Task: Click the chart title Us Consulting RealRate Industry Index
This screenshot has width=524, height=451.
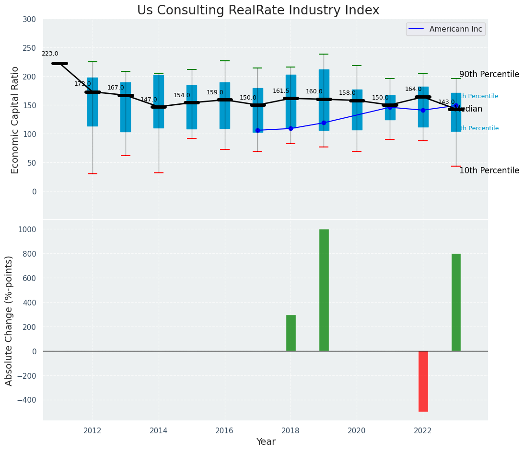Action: tap(258, 11)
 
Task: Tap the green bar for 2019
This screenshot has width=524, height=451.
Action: tap(324, 290)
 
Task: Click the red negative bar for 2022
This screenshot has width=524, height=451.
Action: tap(423, 381)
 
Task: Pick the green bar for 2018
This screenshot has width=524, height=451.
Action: tap(291, 333)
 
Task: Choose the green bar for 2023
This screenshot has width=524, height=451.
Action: tap(456, 302)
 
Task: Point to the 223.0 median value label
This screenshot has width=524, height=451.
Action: tap(50, 54)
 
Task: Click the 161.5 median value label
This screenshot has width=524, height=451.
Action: tap(281, 91)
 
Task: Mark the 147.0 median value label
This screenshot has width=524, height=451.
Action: tap(149, 100)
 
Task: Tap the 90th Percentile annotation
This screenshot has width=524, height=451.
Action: tap(489, 75)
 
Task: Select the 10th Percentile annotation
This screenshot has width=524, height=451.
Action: tap(489, 171)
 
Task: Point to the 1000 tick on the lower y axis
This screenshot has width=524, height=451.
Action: tap(27, 229)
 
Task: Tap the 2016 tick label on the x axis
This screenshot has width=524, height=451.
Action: tap(224, 431)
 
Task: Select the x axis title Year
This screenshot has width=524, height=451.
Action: tap(266, 442)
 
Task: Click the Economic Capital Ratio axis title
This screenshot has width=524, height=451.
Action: tap(15, 120)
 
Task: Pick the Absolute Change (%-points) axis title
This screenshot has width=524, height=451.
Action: tap(9, 320)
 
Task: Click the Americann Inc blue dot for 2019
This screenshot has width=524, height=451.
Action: tap(324, 123)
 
